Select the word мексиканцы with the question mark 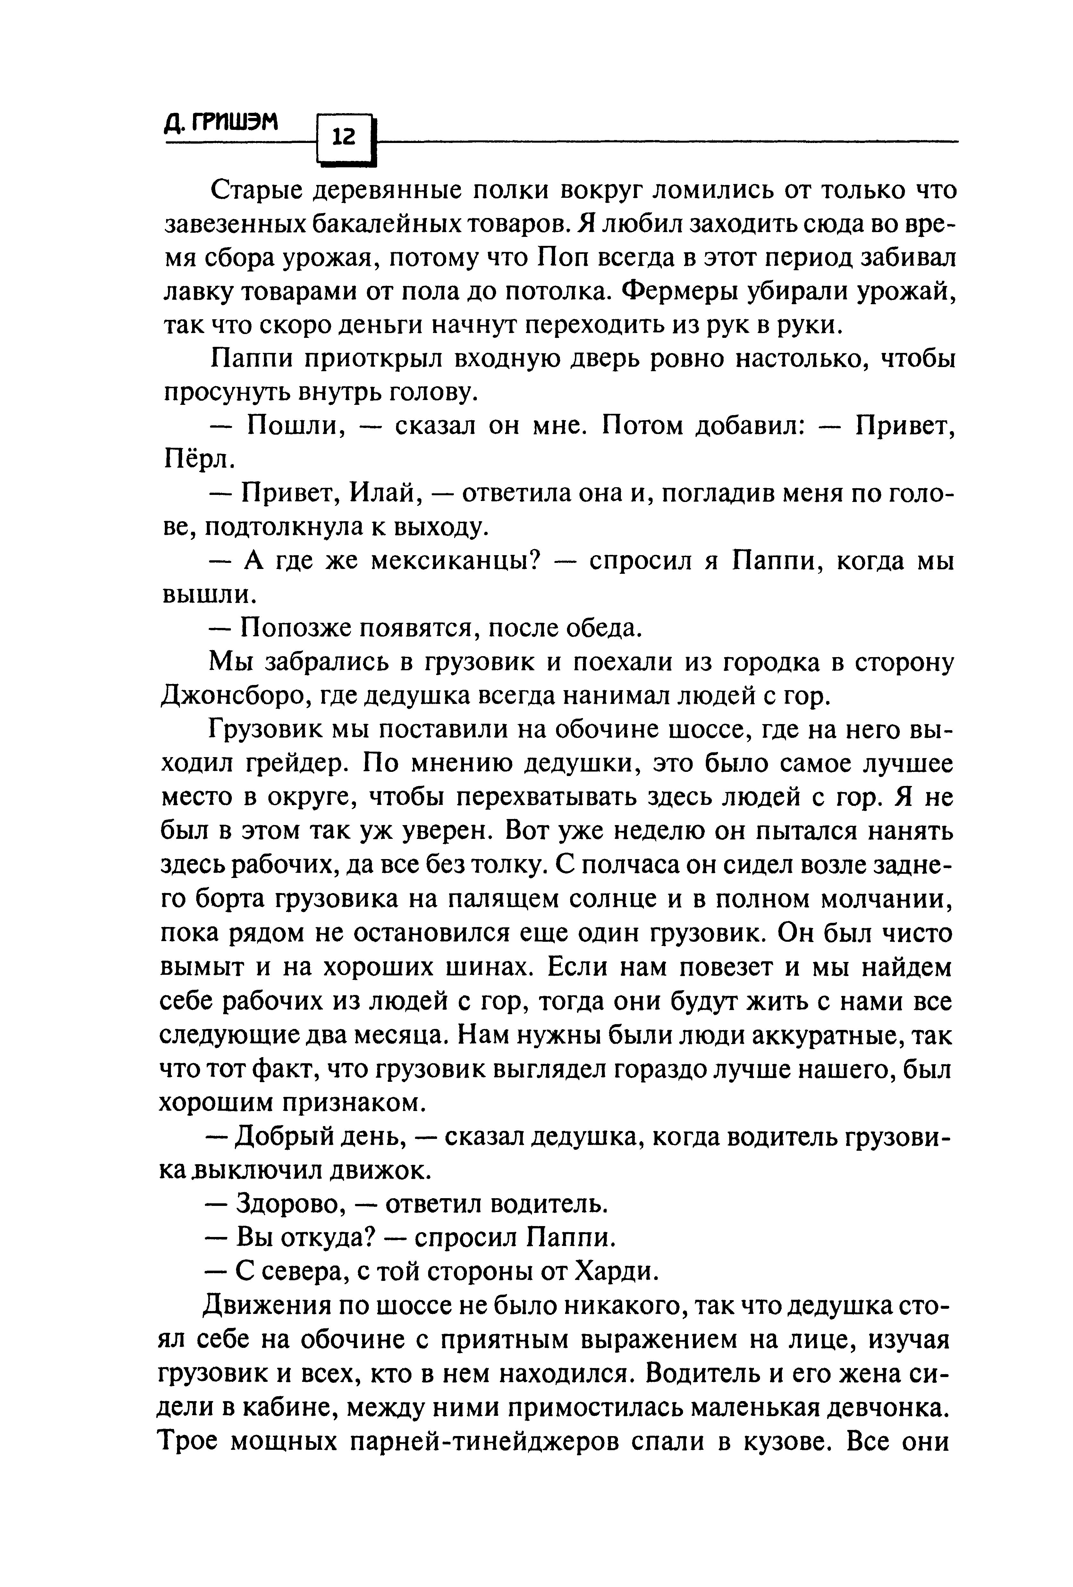456,561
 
